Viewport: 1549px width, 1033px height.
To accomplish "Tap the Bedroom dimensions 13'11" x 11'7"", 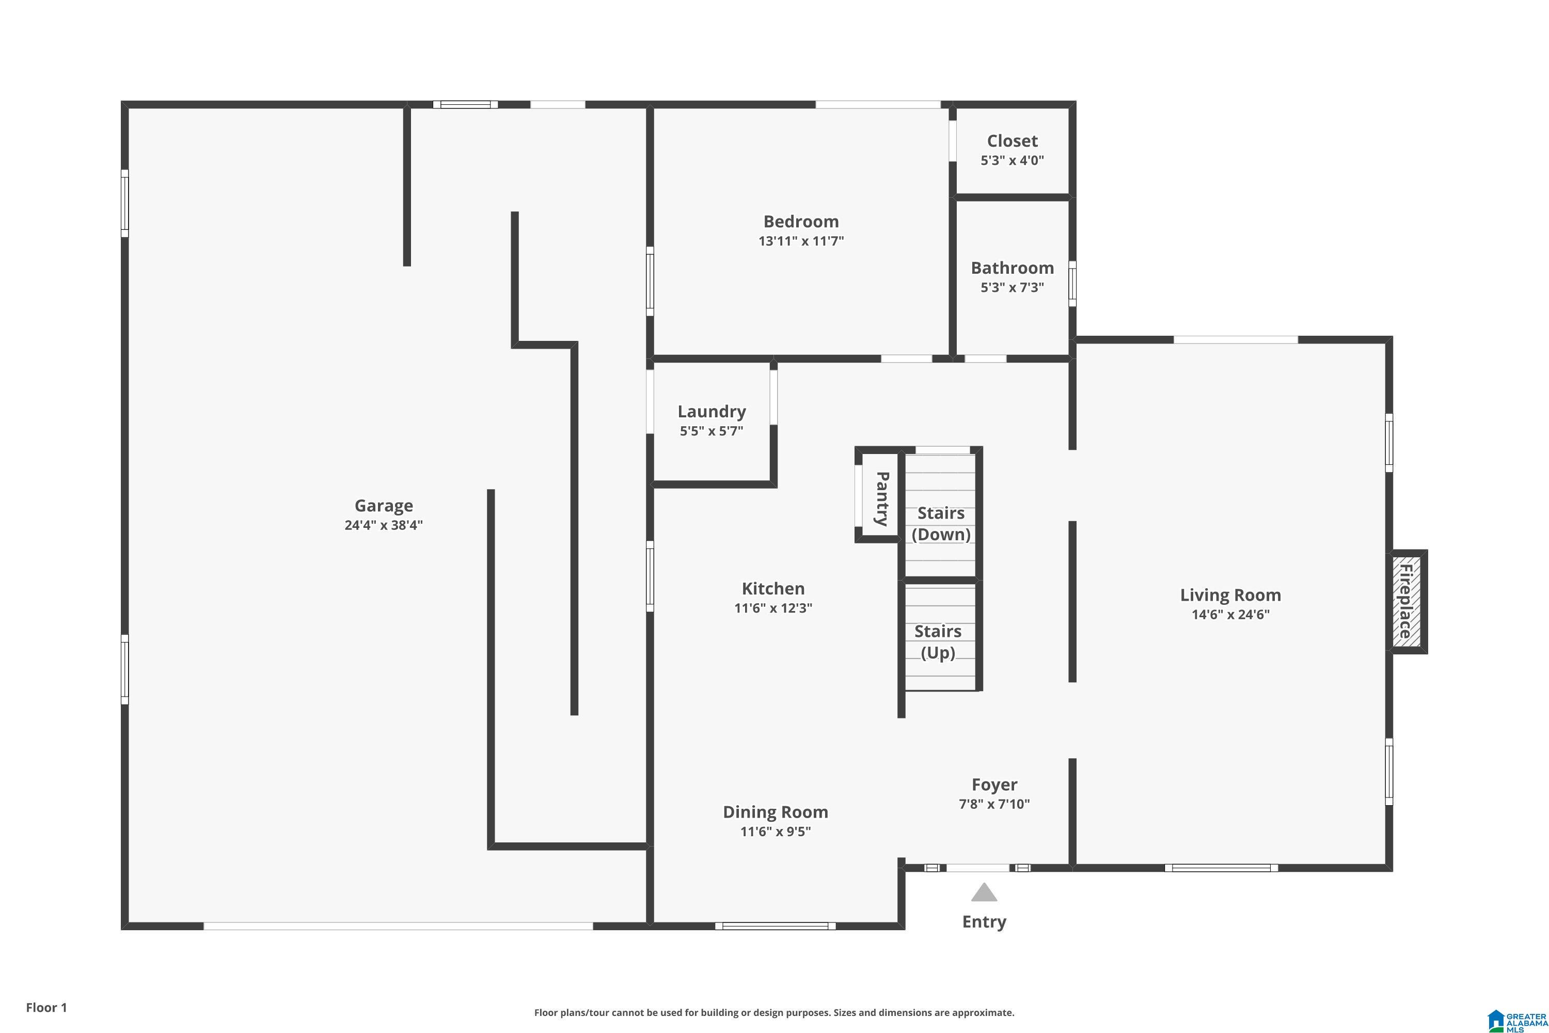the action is click(801, 241).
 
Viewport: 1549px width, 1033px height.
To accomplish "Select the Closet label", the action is click(1012, 141).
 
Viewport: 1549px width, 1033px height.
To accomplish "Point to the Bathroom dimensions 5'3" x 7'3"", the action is click(1012, 287).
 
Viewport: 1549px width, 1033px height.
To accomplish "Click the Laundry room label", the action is click(712, 412).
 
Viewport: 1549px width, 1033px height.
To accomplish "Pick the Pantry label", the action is click(882, 499).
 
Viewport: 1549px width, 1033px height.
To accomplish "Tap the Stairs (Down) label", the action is click(941, 524).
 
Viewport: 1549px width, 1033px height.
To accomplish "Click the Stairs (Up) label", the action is click(938, 643).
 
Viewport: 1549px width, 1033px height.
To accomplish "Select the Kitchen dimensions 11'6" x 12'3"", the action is click(773, 608).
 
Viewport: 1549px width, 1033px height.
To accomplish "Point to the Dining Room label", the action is click(775, 812).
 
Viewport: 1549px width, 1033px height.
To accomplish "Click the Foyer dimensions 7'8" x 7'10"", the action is click(994, 804).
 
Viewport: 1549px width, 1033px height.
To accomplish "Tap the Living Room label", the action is click(1230, 596).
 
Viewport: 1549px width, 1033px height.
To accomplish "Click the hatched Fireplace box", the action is click(1406, 602).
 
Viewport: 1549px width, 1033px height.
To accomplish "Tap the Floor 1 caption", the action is click(46, 1007).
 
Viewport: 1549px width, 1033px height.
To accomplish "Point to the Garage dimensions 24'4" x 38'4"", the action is click(383, 526).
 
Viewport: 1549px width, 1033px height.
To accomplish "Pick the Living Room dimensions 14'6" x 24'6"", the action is click(1230, 615).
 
